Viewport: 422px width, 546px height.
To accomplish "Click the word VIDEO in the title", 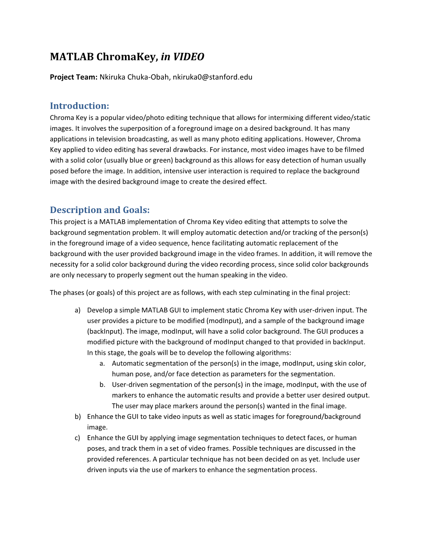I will pyautogui.click(x=188, y=57).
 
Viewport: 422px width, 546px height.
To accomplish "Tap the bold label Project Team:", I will pyautogui.click(x=74, y=77).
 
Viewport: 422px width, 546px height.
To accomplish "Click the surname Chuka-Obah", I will pyautogui.click(x=149, y=77).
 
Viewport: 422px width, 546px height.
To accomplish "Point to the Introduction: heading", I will pyautogui.click(x=79, y=106).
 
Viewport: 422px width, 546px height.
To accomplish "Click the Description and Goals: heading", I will pyautogui.click(x=100, y=210).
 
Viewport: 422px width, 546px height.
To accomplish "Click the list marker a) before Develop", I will pyautogui.click(x=77, y=310).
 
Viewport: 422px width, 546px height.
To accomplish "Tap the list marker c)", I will pyautogui.click(x=77, y=438).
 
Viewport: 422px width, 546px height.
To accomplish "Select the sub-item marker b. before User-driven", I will pyautogui.click(x=102, y=385).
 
